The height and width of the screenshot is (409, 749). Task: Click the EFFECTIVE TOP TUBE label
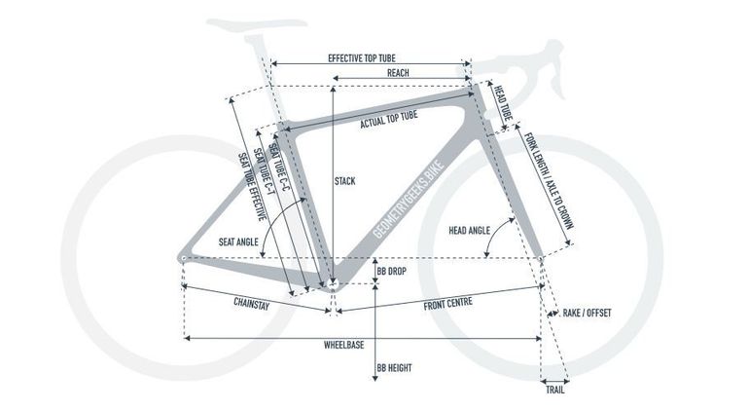362,58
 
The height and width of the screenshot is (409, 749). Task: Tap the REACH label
398,73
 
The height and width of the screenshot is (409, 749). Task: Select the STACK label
345,181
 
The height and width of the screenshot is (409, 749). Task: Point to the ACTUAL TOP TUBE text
389,120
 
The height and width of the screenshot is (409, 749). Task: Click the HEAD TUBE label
503,103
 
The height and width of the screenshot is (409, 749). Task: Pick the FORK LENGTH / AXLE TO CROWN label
549,180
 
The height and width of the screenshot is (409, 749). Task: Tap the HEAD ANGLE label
469,231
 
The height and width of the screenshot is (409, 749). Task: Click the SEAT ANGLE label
238,242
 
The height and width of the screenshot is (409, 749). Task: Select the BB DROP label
392,272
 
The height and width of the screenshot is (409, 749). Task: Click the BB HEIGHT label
394,368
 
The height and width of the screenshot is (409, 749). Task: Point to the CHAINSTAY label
252,304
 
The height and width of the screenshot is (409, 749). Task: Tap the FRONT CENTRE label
448,304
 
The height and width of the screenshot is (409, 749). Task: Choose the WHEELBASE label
344,345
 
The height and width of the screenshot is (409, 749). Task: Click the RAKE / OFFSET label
587,313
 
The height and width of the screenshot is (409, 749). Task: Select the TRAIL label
555,390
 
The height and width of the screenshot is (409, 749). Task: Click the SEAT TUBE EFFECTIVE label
252,187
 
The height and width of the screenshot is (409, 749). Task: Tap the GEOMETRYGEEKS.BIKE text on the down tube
409,199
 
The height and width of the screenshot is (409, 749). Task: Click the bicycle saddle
257,24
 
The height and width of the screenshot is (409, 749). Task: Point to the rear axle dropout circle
183,258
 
